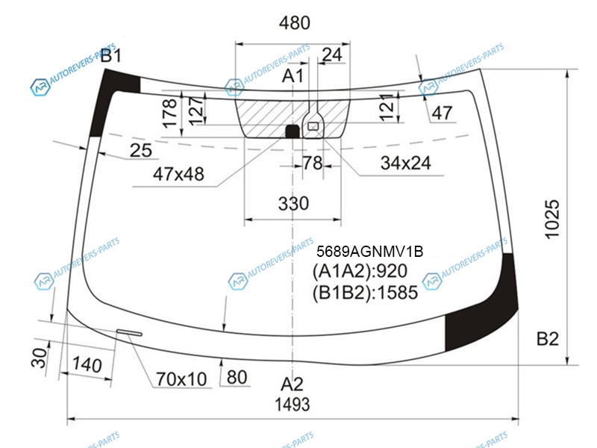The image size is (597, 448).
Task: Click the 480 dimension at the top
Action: coord(294,23)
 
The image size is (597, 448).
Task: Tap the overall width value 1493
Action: coord(293,404)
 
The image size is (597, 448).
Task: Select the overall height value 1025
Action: coord(552,220)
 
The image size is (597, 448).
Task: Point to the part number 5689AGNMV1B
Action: coord(369,252)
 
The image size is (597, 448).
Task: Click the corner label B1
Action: coord(110,55)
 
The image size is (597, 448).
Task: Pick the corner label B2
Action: coord(548,339)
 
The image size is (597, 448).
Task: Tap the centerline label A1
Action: coord(293,76)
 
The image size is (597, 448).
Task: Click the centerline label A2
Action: coord(292,384)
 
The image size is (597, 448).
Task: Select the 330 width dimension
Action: coord(293,203)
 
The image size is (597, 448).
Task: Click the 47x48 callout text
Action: coord(178,174)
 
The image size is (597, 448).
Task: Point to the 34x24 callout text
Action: coord(406,163)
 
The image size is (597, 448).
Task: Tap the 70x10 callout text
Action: coord(181,379)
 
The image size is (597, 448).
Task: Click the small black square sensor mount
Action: coord(293,131)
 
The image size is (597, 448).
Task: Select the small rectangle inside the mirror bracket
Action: coord(313,126)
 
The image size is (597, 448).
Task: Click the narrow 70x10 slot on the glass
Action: coord(129,332)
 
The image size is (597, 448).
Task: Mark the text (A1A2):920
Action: coord(360,271)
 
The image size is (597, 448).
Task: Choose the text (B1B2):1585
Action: coord(365,293)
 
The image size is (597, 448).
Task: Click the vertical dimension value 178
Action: coord(169,113)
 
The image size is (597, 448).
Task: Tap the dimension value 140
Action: coord(87,364)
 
